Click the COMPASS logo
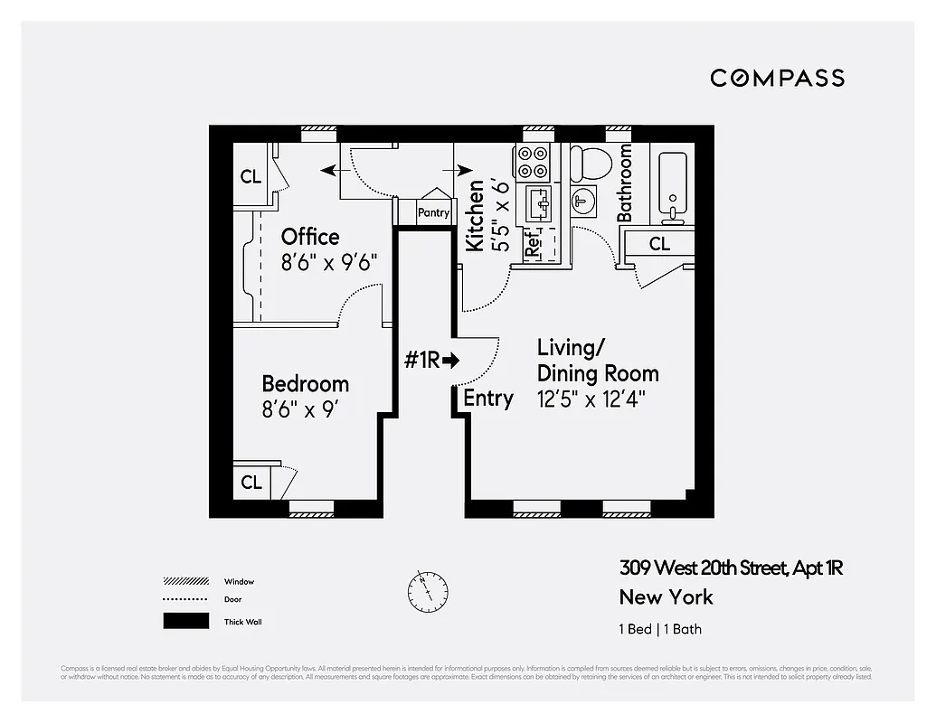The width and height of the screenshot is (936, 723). tap(777, 78)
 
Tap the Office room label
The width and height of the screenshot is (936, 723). tap(310, 237)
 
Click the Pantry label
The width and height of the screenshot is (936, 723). tap(433, 213)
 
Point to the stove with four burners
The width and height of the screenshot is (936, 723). tap(533, 162)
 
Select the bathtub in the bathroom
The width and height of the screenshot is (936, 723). tap(672, 188)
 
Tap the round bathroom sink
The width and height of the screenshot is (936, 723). tap(583, 201)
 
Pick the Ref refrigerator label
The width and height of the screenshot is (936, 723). tap(534, 242)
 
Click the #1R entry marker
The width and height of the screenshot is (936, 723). tap(431, 360)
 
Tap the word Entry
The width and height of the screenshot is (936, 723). tap(488, 399)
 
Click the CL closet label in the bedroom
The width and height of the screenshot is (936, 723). tap(251, 483)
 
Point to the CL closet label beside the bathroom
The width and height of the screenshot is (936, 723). tap(659, 244)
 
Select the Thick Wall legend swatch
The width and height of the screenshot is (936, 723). tap(185, 622)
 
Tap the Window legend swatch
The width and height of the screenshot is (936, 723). tap(185, 581)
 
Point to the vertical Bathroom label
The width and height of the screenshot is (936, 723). tap(625, 183)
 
